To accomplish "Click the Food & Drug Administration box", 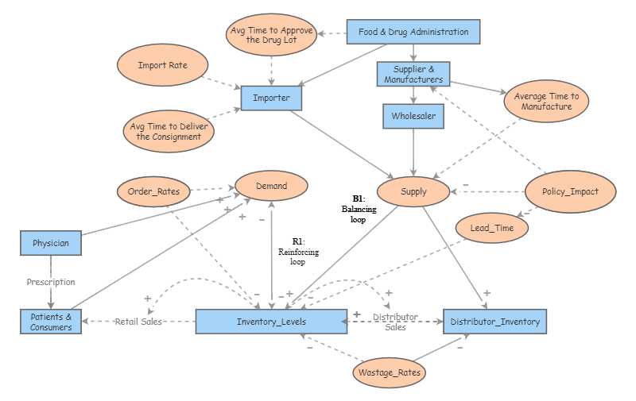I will [413, 33].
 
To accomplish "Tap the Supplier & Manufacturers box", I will [413, 75].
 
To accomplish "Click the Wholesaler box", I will [413, 116].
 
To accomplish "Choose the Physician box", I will [50, 243].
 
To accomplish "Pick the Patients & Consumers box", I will [51, 322].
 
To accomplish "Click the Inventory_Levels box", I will [271, 322].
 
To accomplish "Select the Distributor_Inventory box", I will [494, 322].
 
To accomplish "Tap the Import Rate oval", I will [163, 66].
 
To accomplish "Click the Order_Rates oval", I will [153, 191].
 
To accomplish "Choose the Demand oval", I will [271, 187].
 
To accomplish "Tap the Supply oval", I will [413, 191].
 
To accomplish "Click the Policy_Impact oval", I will [564, 191].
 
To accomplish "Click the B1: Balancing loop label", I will [358, 209].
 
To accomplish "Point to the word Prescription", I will [51, 282].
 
